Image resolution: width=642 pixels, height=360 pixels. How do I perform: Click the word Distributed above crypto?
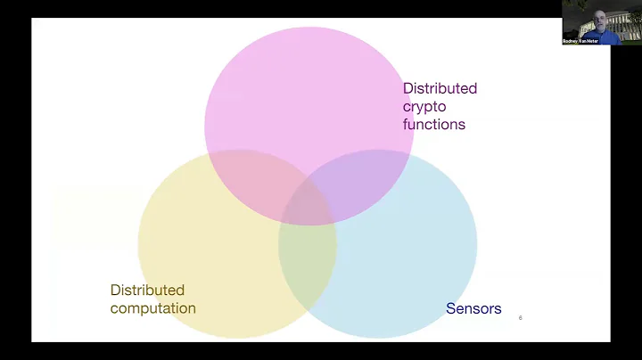click(x=440, y=88)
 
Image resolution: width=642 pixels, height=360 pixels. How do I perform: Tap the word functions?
click(x=434, y=124)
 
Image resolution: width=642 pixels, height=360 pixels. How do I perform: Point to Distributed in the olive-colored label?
click(x=147, y=290)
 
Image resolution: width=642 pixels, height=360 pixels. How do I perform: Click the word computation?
click(x=152, y=308)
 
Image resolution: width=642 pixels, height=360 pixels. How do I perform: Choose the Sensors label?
click(x=473, y=308)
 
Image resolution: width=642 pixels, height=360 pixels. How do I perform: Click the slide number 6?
click(x=520, y=317)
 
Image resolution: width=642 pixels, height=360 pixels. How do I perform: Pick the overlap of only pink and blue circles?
click(x=366, y=183)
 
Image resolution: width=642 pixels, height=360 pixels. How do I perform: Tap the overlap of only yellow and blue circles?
click(x=308, y=267)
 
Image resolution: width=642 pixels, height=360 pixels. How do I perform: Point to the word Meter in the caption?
click(x=592, y=41)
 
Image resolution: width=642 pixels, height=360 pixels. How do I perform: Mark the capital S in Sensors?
click(x=450, y=308)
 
